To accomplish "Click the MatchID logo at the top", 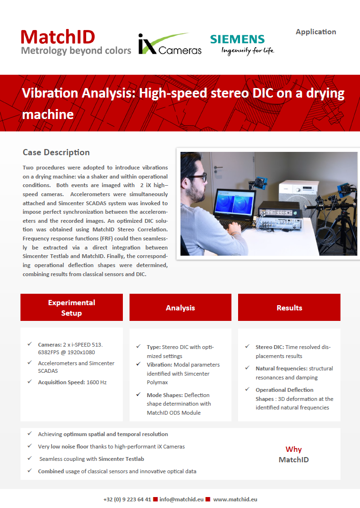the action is [x=76, y=42].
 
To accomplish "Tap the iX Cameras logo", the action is [x=170, y=44].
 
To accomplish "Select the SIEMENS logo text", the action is [x=238, y=39].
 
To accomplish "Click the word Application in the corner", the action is [x=316, y=32].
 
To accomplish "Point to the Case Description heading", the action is [x=56, y=152].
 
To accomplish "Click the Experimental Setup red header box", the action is [x=71, y=307].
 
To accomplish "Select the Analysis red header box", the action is [x=180, y=307].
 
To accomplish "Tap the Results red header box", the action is [x=289, y=307].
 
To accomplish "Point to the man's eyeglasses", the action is [x=198, y=178].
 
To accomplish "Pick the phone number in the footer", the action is [x=127, y=499].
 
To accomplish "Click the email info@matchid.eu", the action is [x=181, y=499].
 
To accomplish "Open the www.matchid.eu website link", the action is [x=235, y=499].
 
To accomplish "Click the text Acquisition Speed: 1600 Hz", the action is [x=72, y=382].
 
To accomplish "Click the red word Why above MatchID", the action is [x=294, y=449].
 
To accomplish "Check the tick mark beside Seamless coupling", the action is [x=30, y=458].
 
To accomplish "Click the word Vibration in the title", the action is [x=50, y=93].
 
